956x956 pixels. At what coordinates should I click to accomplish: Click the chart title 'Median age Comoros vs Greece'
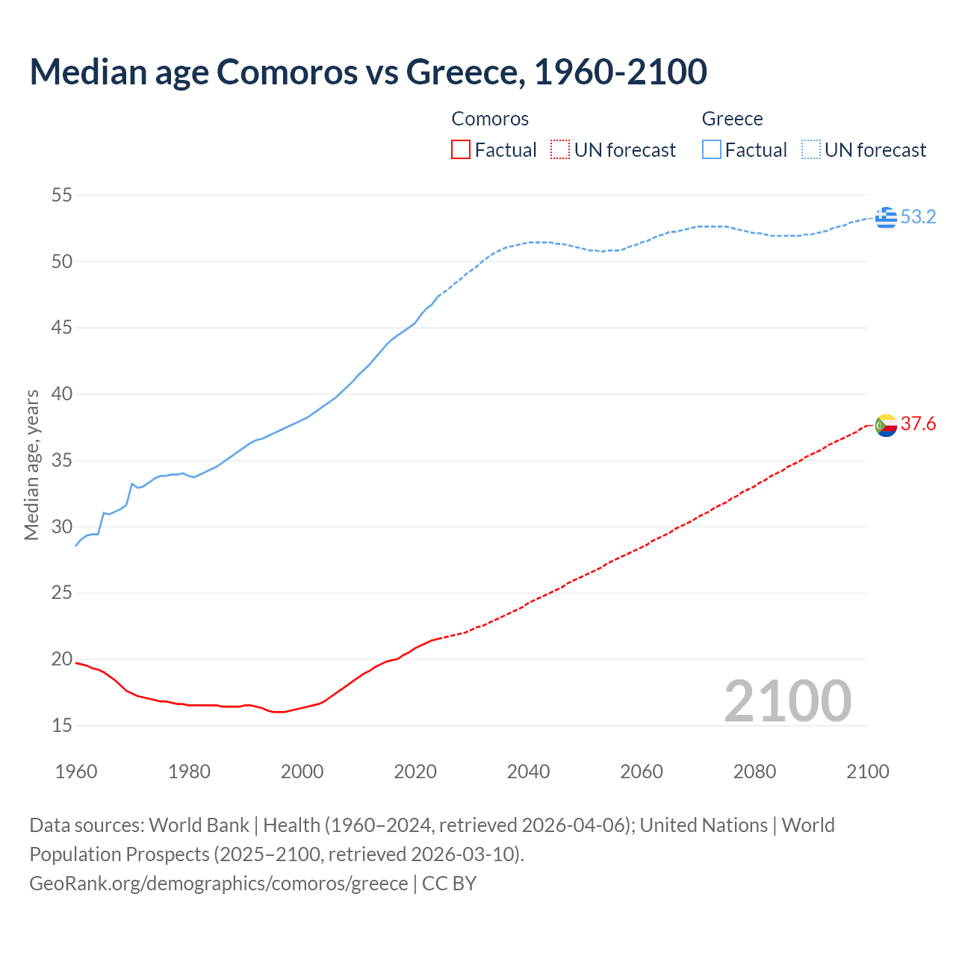[367, 72]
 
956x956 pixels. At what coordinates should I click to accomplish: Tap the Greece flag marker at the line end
[886, 217]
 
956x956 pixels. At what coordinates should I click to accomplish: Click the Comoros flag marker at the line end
[886, 425]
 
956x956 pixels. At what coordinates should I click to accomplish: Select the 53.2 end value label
[918, 217]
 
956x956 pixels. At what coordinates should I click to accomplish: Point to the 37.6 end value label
[918, 424]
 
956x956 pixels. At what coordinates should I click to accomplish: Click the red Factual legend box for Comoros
[461, 150]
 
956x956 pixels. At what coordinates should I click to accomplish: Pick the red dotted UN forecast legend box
[560, 150]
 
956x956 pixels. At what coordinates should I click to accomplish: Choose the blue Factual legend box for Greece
[711, 150]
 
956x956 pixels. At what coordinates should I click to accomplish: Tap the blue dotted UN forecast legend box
[810, 150]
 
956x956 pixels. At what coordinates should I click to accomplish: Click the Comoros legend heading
[490, 119]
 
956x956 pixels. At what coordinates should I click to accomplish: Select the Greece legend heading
[732, 119]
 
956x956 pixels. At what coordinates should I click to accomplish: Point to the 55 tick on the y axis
[61, 196]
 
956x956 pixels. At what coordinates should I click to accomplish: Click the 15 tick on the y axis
[61, 725]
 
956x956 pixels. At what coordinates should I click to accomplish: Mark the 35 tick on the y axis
[61, 460]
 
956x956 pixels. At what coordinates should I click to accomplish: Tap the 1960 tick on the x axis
[76, 772]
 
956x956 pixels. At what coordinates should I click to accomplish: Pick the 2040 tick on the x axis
[528, 772]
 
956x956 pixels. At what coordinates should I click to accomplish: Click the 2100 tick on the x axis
[867, 772]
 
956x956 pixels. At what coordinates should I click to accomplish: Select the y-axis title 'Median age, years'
[31, 465]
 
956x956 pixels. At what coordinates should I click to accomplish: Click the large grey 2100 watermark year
[787, 701]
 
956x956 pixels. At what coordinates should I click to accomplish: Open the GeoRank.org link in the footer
[218, 884]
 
